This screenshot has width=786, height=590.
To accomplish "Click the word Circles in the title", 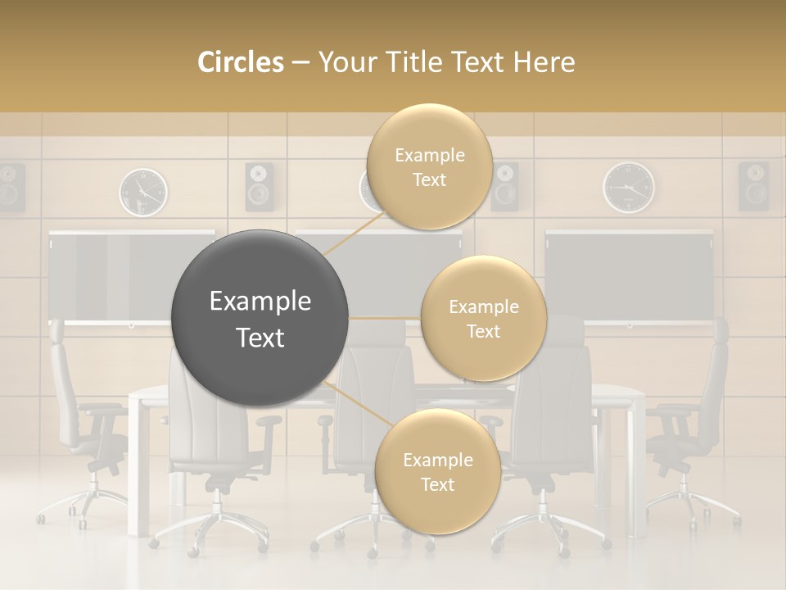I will point(241,62).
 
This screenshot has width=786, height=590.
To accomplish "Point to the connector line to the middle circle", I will point(385,318).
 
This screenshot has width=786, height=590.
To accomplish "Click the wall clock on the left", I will point(143,192).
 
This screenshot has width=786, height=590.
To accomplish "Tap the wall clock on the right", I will point(629,188).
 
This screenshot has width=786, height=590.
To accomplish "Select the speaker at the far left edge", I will point(11,188).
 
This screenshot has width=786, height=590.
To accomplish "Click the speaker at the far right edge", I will point(753,186).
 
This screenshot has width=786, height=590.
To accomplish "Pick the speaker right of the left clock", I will point(260,187).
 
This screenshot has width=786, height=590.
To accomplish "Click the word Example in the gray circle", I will point(260,302).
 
